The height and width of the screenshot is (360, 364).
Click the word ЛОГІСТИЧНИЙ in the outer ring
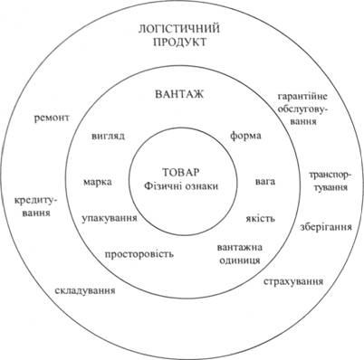tap(179, 29)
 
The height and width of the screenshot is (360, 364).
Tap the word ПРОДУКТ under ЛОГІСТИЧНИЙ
tap(180, 43)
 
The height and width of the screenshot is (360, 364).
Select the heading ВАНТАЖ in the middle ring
tap(179, 94)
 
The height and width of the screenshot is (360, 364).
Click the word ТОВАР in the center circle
tap(181, 173)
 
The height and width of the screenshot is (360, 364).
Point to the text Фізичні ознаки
tap(181, 186)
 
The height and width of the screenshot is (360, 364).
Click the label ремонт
tap(52, 118)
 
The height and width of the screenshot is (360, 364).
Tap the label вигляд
tap(108, 136)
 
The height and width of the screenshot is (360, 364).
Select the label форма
tap(245, 136)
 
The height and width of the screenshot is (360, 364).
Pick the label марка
tap(97, 182)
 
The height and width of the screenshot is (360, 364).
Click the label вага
tap(265, 182)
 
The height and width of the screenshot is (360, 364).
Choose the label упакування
tap(110, 218)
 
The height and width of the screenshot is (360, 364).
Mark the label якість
tap(261, 218)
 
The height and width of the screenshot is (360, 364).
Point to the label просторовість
tap(139, 254)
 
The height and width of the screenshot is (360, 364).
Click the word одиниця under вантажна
tap(240, 260)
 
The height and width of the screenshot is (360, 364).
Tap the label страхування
tap(293, 281)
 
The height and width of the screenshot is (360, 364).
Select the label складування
tap(85, 290)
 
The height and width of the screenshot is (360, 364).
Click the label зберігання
tap(326, 226)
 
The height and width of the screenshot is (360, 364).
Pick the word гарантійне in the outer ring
tap(302, 97)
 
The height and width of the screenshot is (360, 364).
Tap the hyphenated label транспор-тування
tap(330, 181)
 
